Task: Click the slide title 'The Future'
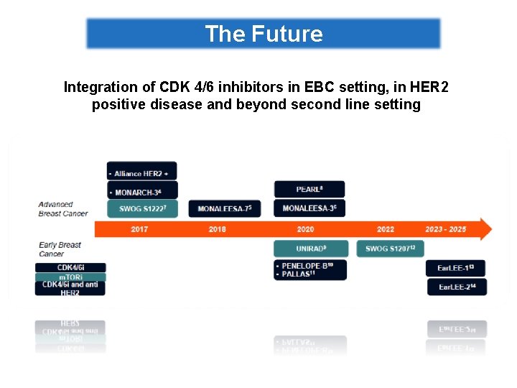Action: pyautogui.click(x=264, y=34)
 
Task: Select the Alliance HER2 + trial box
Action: pyautogui.click(x=142, y=173)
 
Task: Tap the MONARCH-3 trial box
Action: pyautogui.click(x=142, y=193)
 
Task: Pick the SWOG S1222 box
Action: pyautogui.click(x=142, y=208)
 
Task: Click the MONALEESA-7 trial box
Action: pyautogui.click(x=224, y=208)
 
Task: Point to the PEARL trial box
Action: pyautogui.click(x=309, y=189)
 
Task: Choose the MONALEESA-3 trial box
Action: pyautogui.click(x=309, y=208)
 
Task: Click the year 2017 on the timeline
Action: pyautogui.click(x=140, y=229)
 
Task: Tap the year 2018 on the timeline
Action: pyautogui.click(x=217, y=229)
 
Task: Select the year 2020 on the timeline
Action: pyautogui.click(x=305, y=229)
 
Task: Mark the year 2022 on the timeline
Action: pyautogui.click(x=386, y=229)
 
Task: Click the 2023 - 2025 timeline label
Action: pyautogui.click(x=445, y=229)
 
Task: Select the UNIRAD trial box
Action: pyautogui.click(x=309, y=249)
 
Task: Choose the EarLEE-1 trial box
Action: pyautogui.click(x=456, y=268)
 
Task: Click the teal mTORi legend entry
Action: pyautogui.click(x=70, y=277)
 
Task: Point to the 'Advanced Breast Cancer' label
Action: pyautogui.click(x=63, y=208)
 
